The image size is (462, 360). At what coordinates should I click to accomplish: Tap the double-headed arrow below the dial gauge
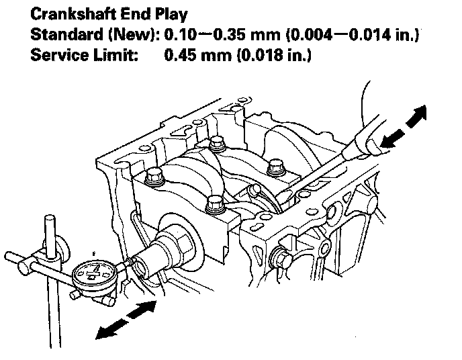coord(127,318)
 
